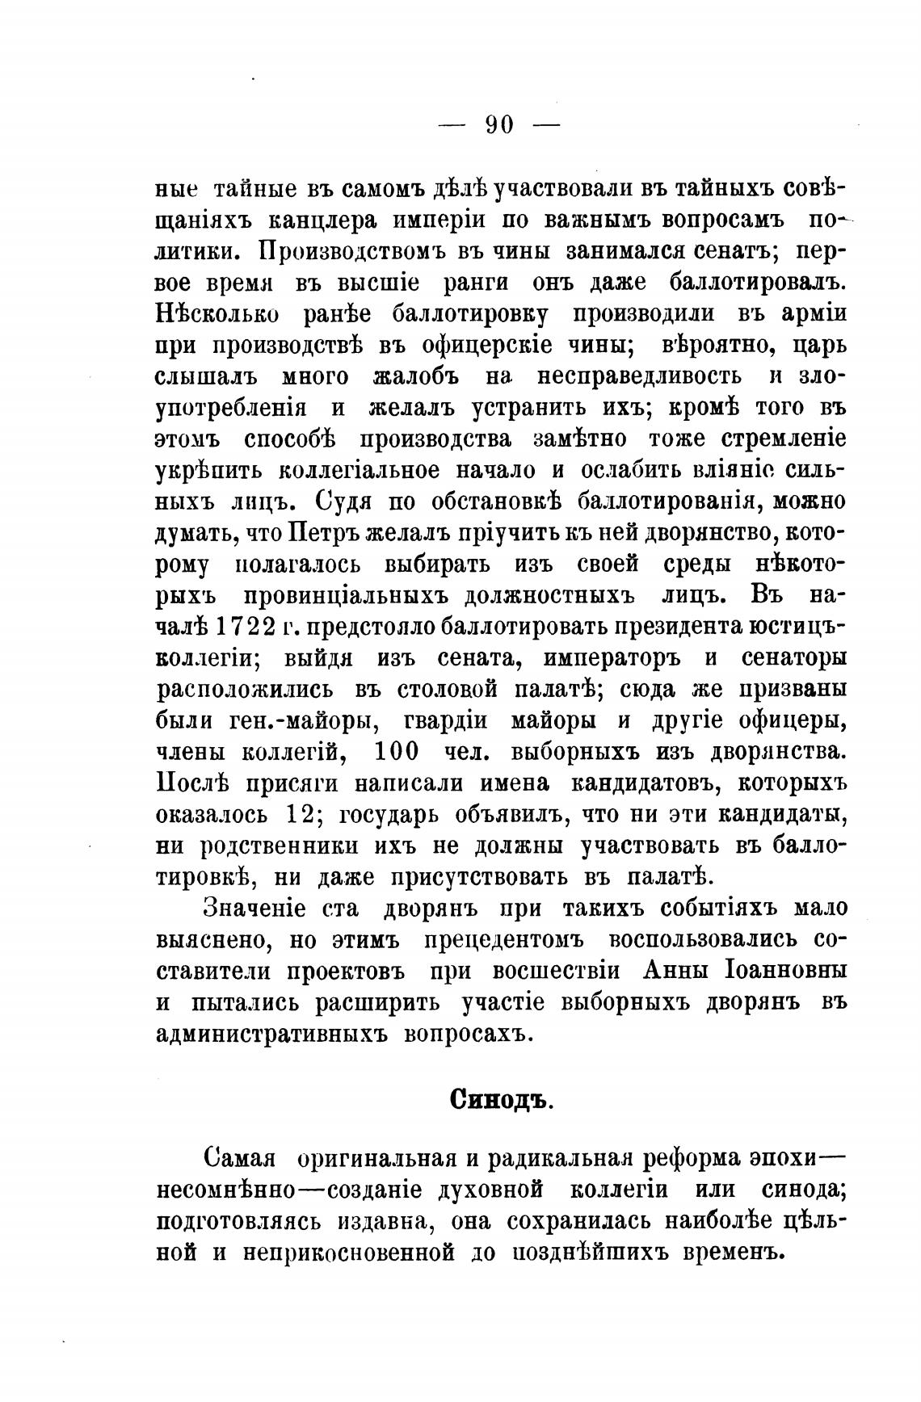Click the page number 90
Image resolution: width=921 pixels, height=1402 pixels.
pos(498,124)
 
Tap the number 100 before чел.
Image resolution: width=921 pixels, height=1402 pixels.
pos(397,752)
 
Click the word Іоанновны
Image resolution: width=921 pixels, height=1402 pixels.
pos(782,970)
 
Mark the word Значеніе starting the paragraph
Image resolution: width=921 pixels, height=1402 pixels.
pos(254,908)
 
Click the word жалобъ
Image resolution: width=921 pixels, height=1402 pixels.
pos(416,376)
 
